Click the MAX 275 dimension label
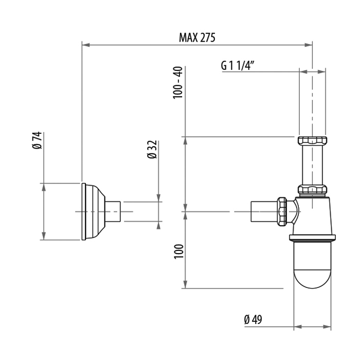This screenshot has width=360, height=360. (197, 38)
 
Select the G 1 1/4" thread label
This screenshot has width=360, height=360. (239, 65)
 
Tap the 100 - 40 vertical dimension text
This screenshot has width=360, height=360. (178, 83)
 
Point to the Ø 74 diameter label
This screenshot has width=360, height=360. (37, 140)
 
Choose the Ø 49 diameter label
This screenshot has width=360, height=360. (253, 319)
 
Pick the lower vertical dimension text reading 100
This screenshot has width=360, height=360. (178, 251)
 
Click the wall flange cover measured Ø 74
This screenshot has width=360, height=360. (93, 211)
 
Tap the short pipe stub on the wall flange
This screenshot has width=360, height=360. (114, 211)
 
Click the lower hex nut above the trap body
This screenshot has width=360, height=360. (312, 189)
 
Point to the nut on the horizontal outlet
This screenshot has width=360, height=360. (282, 211)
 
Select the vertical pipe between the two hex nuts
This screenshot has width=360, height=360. (312, 165)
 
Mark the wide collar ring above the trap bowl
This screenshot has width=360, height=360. (313, 237)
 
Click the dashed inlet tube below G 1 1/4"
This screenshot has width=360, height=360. (312, 103)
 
